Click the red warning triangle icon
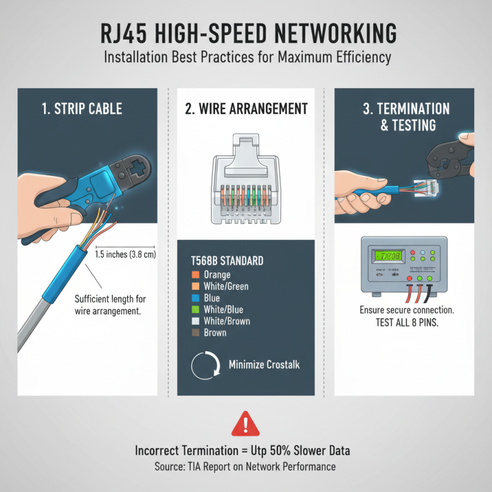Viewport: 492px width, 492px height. (x=245, y=425)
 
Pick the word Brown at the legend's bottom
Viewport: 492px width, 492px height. (x=215, y=333)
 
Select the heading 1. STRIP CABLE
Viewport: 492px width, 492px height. (x=82, y=109)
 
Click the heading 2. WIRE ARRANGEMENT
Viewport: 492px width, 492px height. (x=246, y=109)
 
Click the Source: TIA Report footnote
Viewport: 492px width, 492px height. (x=245, y=467)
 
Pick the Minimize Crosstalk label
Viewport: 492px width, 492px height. (x=264, y=365)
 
